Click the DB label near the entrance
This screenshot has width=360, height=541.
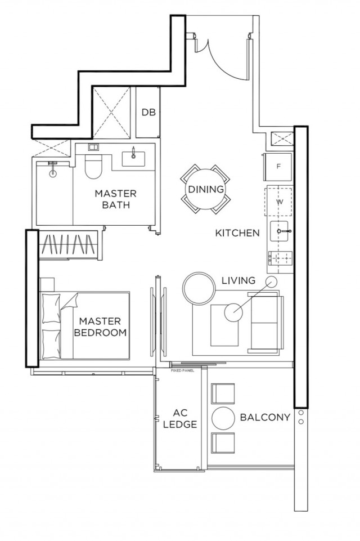point(148,112)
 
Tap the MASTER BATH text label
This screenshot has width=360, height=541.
point(115,199)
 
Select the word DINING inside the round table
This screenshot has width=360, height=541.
point(206,190)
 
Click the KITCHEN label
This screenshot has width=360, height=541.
point(237,233)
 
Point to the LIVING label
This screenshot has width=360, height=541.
point(238,280)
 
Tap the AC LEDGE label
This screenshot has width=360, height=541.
point(179,419)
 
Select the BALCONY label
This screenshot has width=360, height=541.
point(264,418)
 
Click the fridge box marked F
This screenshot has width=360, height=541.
point(278,167)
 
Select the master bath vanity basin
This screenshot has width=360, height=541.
point(133,157)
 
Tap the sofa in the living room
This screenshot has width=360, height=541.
point(267,323)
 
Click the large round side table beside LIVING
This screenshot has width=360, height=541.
point(199,288)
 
